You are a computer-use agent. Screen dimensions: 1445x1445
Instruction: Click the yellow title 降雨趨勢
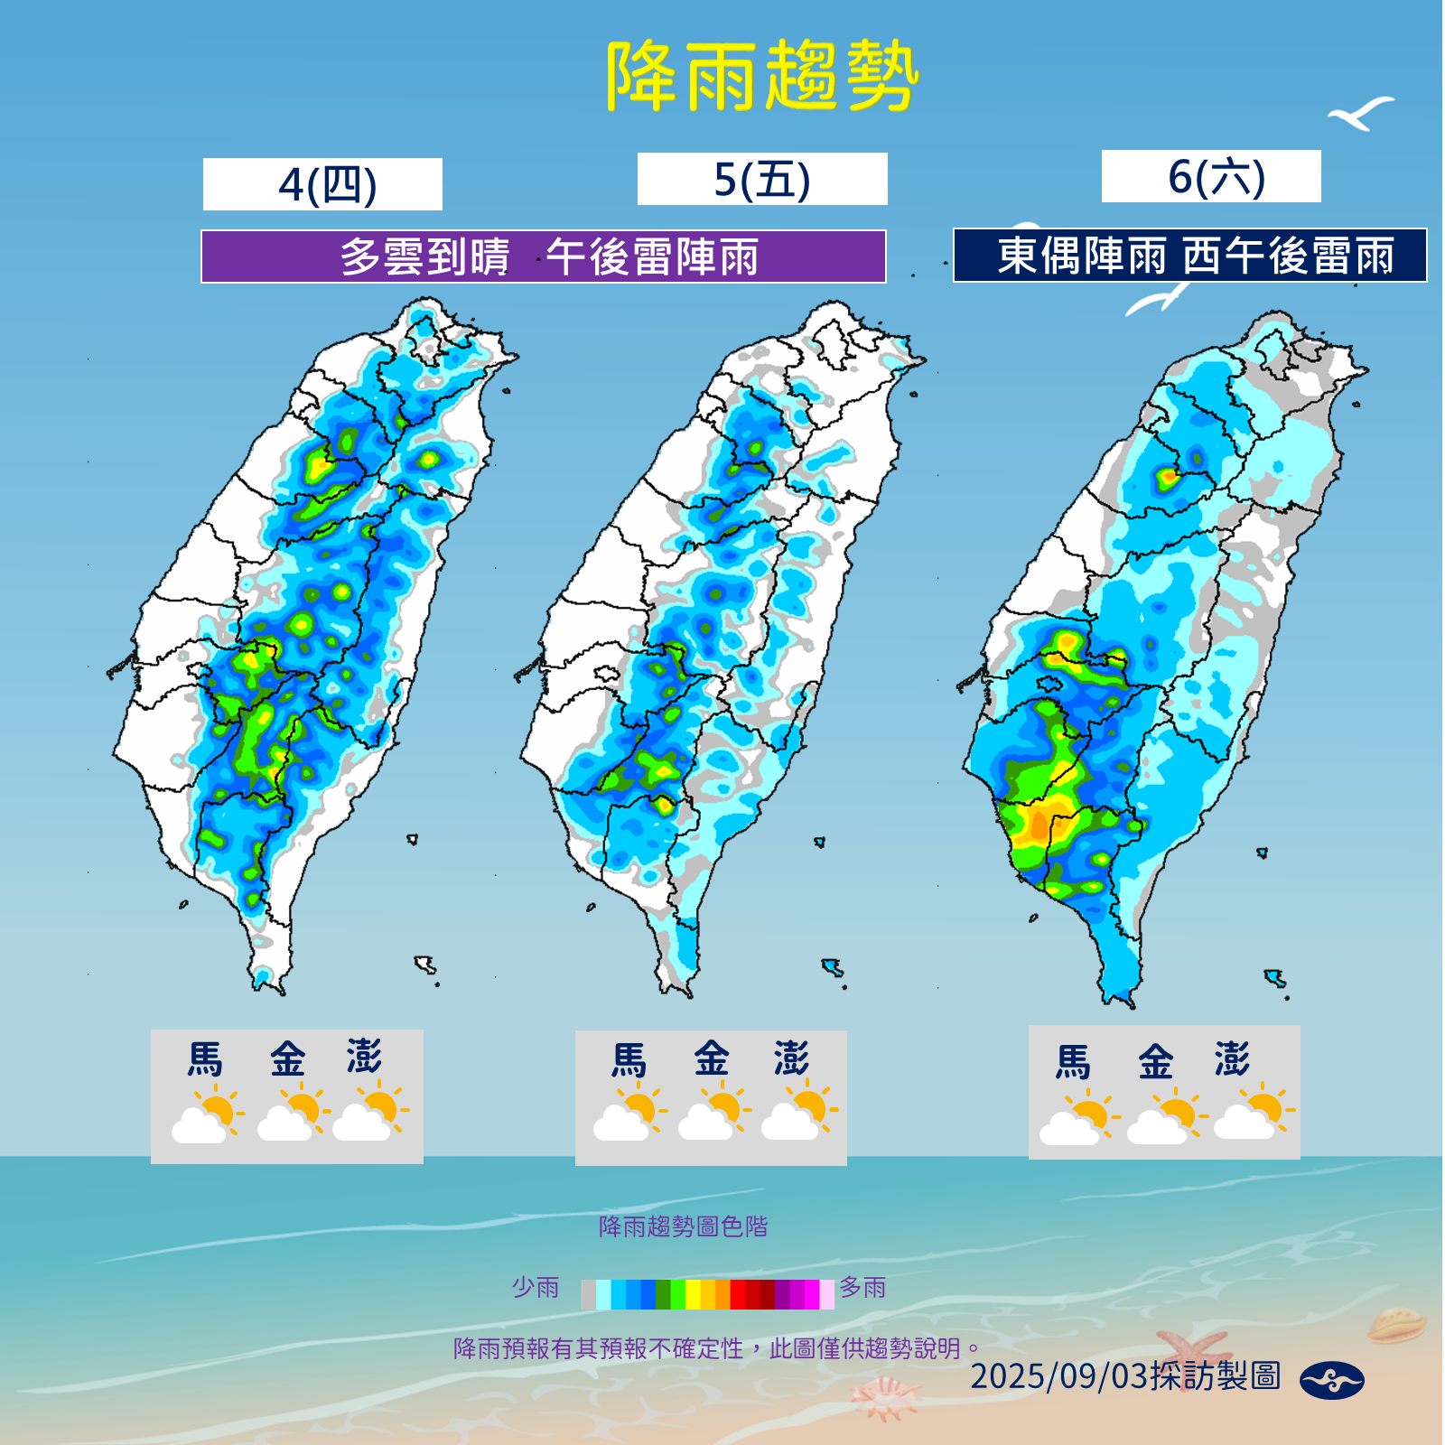761,78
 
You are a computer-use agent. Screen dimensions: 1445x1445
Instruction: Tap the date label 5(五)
762,179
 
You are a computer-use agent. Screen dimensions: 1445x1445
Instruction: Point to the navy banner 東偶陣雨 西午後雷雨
1190,256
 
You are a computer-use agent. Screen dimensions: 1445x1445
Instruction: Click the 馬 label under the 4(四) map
204,1059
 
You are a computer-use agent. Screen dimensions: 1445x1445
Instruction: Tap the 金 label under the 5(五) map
711,1059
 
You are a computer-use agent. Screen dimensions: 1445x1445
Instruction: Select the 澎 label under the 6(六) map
1232,1059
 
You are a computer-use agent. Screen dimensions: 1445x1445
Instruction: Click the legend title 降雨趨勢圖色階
683,1226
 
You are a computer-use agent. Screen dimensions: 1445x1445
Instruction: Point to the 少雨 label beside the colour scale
536,1288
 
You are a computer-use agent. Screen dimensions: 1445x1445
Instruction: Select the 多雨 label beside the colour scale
862,1288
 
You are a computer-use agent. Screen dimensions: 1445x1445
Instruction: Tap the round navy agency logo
1331,1380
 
